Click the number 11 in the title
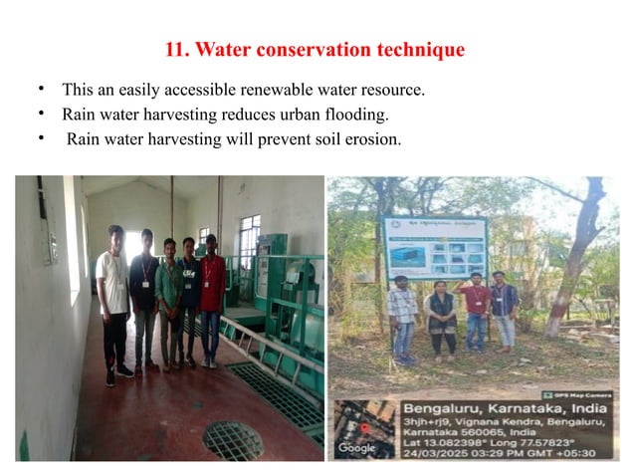point(172,49)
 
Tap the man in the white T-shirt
point(114,299)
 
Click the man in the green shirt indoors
point(169,299)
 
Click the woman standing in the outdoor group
point(442,319)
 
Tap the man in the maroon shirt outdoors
point(477,311)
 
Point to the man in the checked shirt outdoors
point(402,317)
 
